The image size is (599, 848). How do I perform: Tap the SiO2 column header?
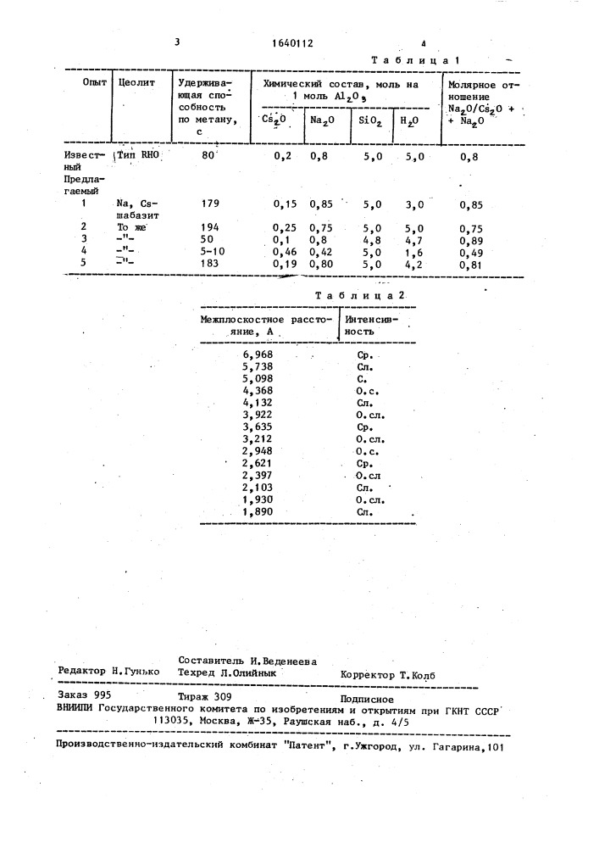pos(369,121)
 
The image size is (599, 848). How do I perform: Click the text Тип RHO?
pos(140,156)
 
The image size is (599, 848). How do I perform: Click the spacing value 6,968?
pos(258,354)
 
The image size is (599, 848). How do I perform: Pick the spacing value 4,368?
pos(258,390)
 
